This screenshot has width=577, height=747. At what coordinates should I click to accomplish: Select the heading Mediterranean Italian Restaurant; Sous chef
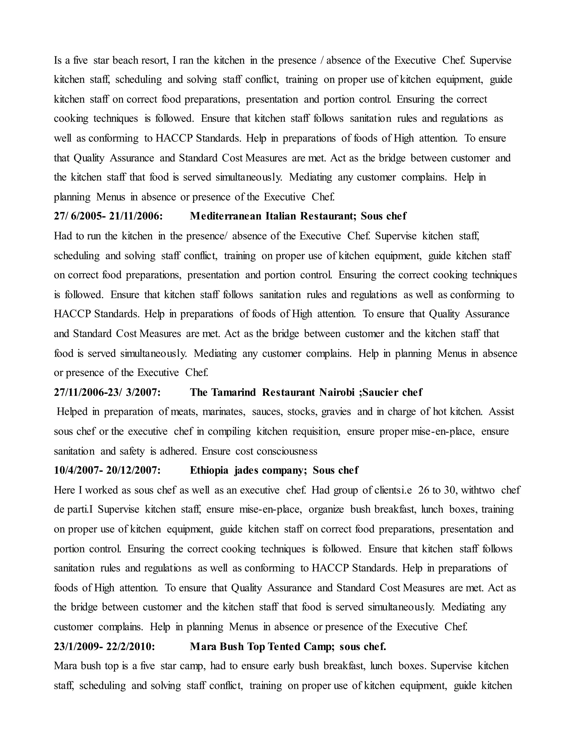pos(298,216)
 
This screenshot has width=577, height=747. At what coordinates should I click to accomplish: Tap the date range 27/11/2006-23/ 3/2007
pos(107,392)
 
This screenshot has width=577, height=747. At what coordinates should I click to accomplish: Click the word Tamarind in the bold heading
pos(233,392)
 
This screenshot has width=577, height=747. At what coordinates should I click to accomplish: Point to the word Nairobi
pos(337,392)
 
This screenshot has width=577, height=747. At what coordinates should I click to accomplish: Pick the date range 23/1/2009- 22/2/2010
pos(104,646)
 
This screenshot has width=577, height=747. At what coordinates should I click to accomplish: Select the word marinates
pos(223,412)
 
